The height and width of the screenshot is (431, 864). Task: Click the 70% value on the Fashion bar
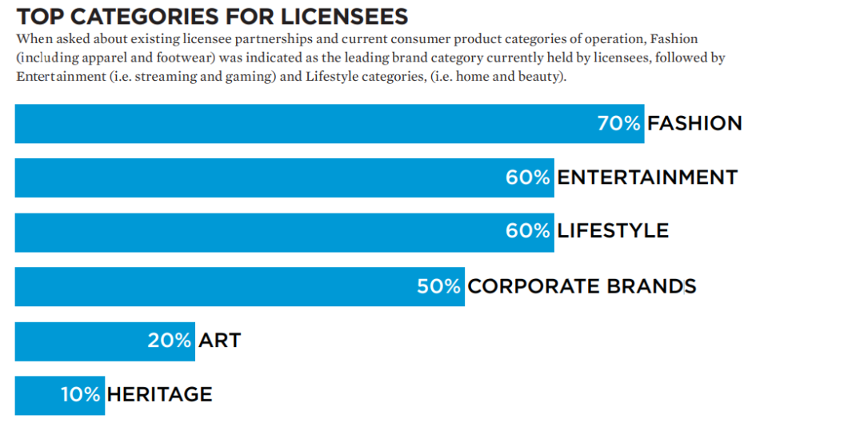[x=618, y=123]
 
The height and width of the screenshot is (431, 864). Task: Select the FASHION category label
[x=694, y=123]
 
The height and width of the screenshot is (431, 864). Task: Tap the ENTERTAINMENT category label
[x=647, y=177]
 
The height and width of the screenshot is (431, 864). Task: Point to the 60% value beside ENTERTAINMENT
[x=528, y=177]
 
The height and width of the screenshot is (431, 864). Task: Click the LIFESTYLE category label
[x=613, y=231]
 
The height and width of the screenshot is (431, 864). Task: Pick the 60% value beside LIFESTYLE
[x=528, y=231]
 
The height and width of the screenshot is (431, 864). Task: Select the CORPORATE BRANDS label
[x=582, y=285]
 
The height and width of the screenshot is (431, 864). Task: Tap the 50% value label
[x=439, y=285]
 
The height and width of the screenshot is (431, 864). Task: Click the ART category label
[x=220, y=340]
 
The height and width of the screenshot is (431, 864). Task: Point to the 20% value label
[x=169, y=340]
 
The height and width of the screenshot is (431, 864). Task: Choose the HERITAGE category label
[x=159, y=394]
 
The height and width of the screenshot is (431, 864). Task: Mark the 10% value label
[x=81, y=394]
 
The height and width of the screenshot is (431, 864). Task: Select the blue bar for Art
[x=80, y=341]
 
